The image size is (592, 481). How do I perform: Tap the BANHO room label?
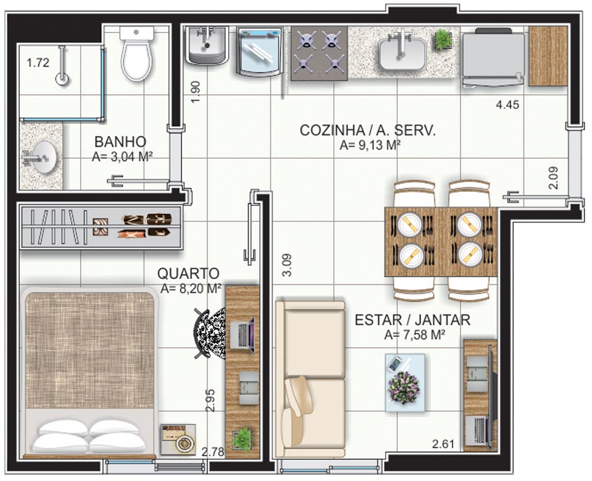pos(120,142)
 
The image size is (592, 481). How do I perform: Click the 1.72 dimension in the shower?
pos(38,63)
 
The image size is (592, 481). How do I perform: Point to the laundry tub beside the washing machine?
pos(206,45)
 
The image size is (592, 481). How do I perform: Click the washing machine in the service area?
pos(259,51)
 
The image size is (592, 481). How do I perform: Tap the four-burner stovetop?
pos(319,53)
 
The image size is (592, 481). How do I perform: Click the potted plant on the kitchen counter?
pos(443,39)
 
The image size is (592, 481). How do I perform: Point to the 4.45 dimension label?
pos(507,105)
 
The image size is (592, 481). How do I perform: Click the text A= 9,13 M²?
pos(370,146)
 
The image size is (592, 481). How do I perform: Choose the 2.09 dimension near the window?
pos(553,178)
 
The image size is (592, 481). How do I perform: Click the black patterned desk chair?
pos(209,334)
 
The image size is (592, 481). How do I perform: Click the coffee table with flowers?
pos(405,382)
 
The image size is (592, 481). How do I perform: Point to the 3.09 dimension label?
pos(287,265)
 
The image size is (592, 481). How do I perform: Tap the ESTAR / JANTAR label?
pos(413,320)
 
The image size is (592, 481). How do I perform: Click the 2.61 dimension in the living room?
pos(443,444)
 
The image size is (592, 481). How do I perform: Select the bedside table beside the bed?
pos(178,439)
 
